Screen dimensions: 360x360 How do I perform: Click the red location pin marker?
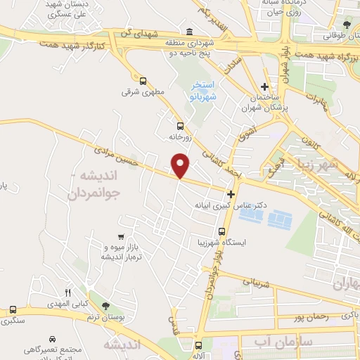click(x=181, y=165)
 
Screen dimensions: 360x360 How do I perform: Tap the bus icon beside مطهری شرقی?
click(x=143, y=81)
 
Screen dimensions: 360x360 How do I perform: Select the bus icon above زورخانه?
click(x=180, y=125)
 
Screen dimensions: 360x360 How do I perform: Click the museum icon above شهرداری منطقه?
click(x=191, y=31)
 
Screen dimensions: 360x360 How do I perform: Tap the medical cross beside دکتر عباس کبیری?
click(x=231, y=193)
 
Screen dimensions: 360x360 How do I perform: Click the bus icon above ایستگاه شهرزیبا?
click(x=222, y=231)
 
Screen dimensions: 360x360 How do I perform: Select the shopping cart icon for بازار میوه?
click(x=122, y=236)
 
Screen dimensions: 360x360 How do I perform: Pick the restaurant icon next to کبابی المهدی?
click(x=67, y=292)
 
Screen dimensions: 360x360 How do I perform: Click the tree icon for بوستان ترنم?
click(x=105, y=306)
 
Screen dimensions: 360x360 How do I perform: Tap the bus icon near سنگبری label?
click(x=13, y=310)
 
